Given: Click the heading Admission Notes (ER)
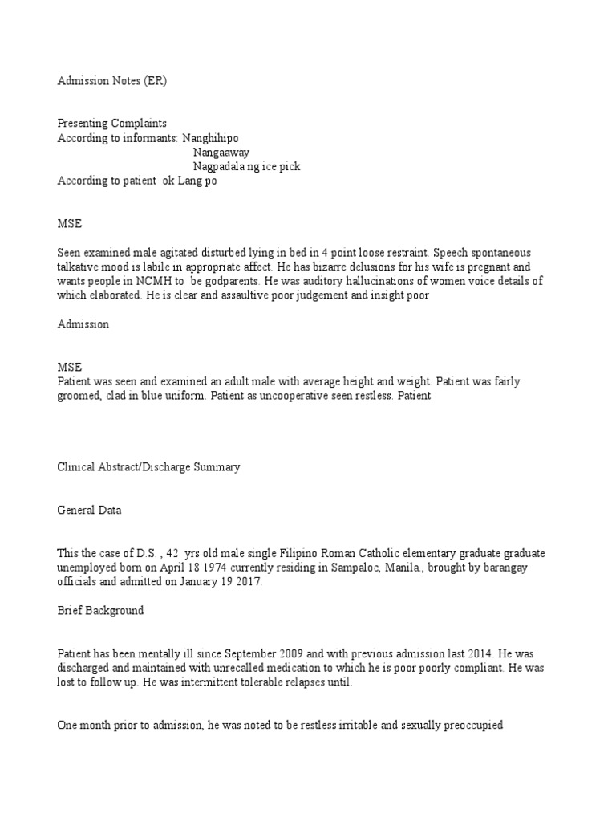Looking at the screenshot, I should click(113, 81).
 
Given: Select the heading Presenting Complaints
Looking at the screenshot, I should click(111, 124).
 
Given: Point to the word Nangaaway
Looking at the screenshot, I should click(221, 153).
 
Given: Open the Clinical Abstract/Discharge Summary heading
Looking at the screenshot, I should click(148, 467).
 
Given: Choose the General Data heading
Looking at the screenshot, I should click(89, 510).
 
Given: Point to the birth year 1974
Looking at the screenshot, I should click(188, 568).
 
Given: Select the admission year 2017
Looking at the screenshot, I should click(249, 583).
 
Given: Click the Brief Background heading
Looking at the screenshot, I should click(100, 611).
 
